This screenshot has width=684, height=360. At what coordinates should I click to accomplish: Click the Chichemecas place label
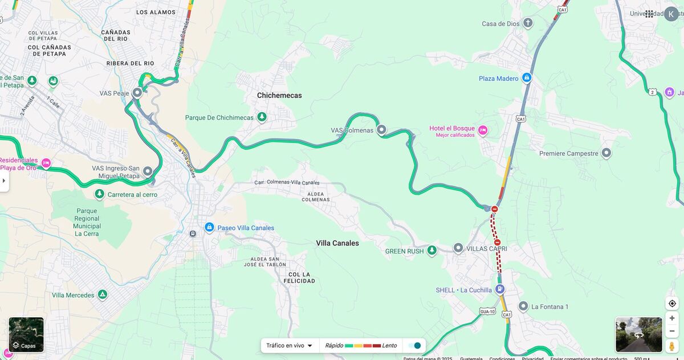pyautogui.click(x=279, y=95)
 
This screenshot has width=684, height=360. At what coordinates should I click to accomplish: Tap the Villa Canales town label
pyautogui.click(x=337, y=243)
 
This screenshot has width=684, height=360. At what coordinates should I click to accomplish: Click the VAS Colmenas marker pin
pyautogui.click(x=382, y=130)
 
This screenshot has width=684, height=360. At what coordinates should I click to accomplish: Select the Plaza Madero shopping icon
pyautogui.click(x=527, y=78)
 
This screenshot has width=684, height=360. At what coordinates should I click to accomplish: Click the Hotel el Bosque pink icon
pyautogui.click(x=483, y=130)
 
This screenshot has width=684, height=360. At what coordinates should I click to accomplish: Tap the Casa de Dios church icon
pyautogui.click(x=528, y=23)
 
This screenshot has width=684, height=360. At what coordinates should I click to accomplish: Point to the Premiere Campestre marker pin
pyautogui.click(x=606, y=153)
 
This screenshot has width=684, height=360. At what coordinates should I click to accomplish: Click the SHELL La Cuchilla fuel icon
pyautogui.click(x=500, y=289)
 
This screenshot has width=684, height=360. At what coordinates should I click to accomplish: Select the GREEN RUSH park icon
pyautogui.click(x=432, y=250)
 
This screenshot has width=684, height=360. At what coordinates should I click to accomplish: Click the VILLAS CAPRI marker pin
pyautogui.click(x=458, y=248)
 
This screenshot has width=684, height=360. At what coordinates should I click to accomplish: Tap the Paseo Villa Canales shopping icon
pyautogui.click(x=209, y=227)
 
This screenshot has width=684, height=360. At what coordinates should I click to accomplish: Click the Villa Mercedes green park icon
pyautogui.click(x=102, y=294)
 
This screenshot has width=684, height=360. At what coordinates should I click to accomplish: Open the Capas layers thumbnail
pyautogui.click(x=26, y=335)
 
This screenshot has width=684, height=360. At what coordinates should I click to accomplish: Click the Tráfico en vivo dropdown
pyautogui.click(x=290, y=345)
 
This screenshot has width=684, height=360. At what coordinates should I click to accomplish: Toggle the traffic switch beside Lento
pyautogui.click(x=414, y=345)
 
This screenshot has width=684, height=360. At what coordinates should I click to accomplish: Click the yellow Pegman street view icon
pyautogui.click(x=672, y=346)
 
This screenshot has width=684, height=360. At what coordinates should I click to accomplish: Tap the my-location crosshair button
pyautogui.click(x=672, y=303)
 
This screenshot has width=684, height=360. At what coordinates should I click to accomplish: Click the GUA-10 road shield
pyautogui.click(x=487, y=311)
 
